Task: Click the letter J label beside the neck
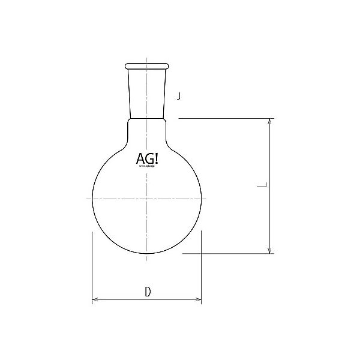pos(179,95)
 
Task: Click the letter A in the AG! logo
pos(139,160)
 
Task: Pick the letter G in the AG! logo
pos(148,160)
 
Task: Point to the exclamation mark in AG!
pos(155,160)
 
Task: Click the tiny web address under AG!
pos(147,167)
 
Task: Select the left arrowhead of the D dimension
pos(95,299)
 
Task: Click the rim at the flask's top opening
pos(146,64)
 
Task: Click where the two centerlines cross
pos(146,198)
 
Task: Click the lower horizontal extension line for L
pos(228,253)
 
